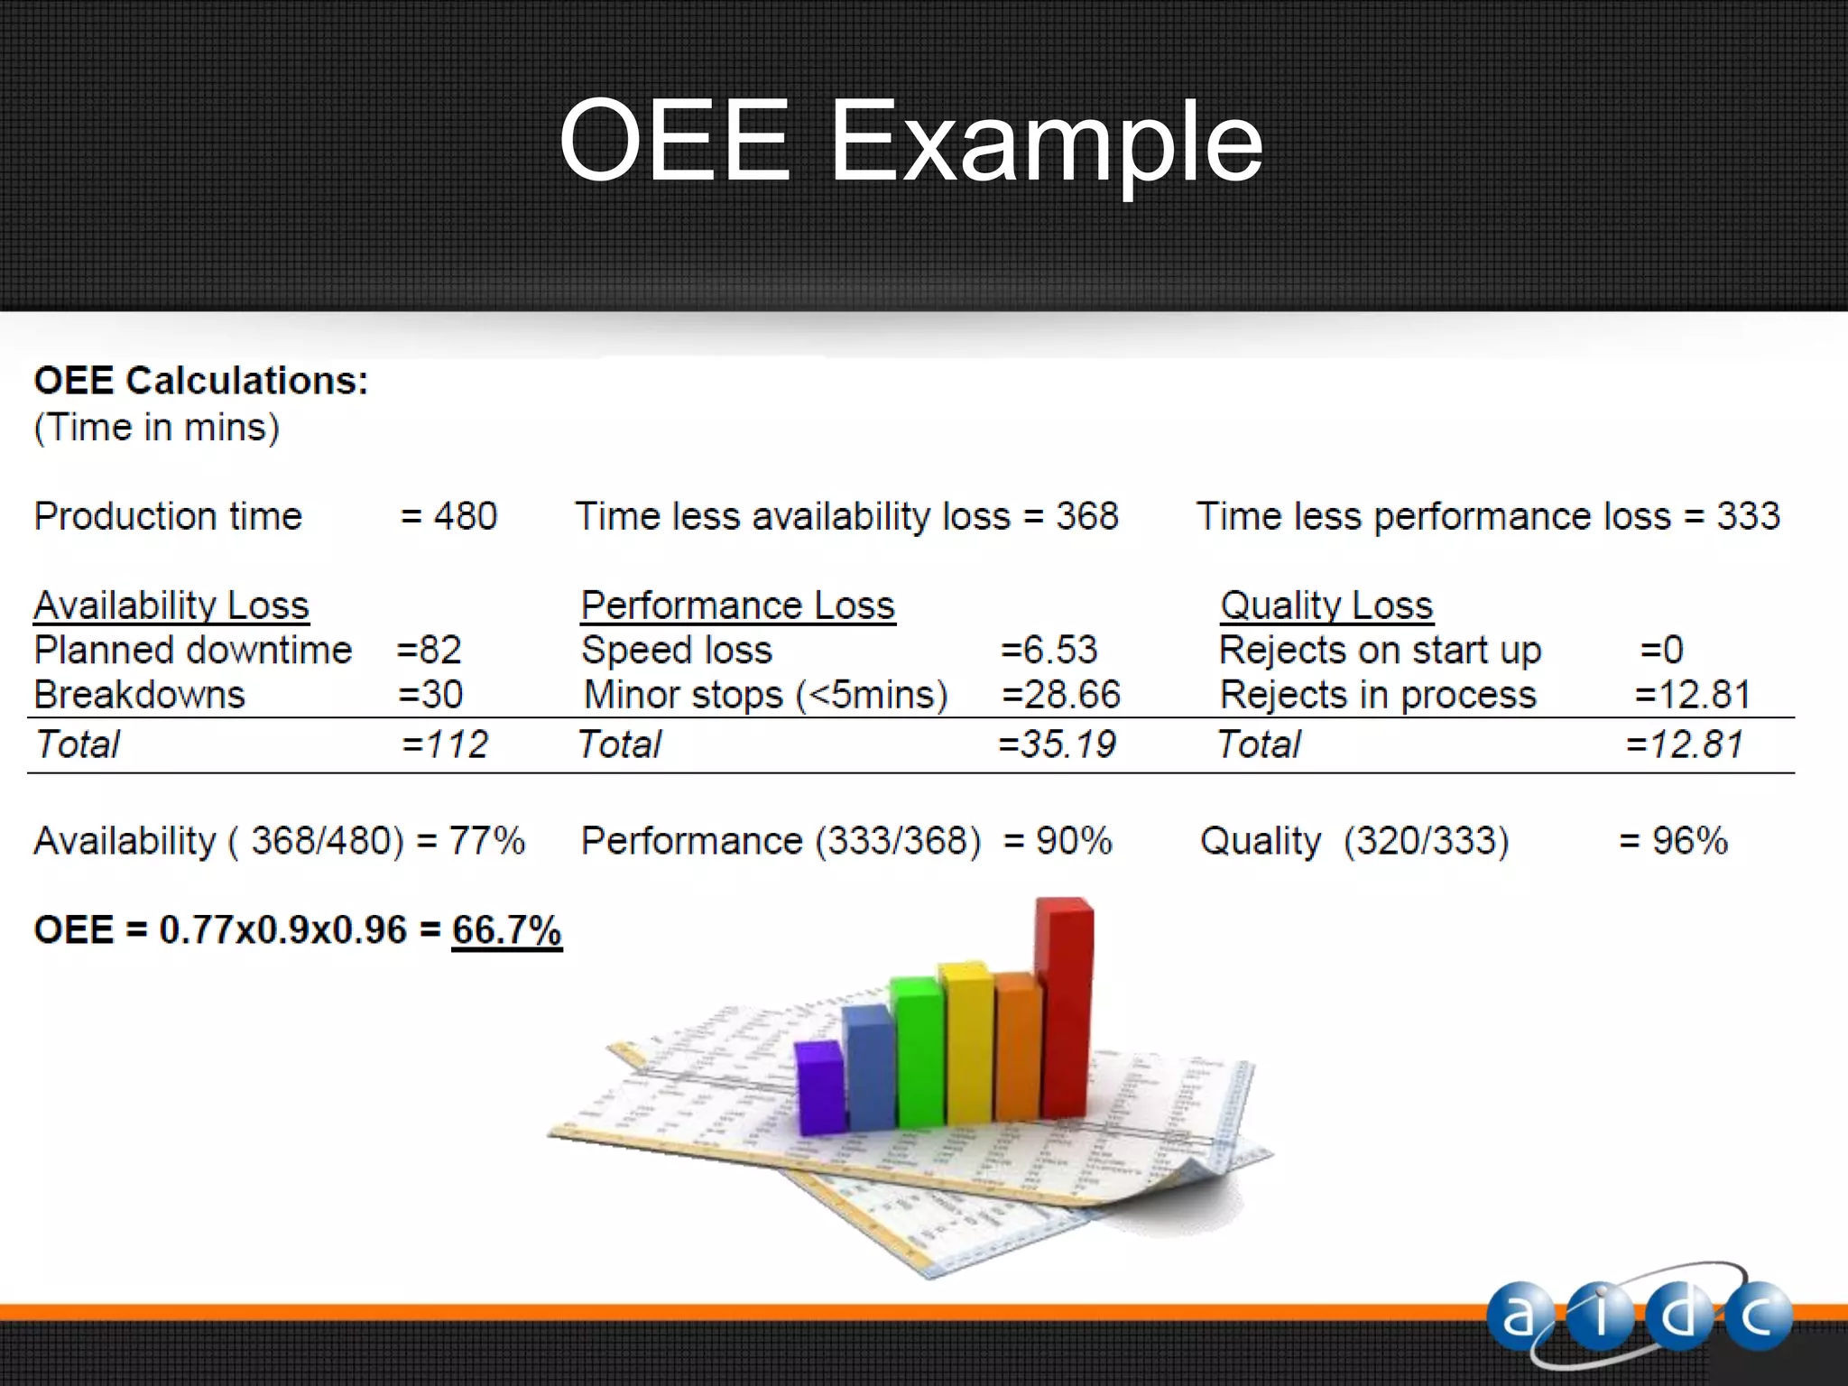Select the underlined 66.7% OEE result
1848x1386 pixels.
[x=506, y=930]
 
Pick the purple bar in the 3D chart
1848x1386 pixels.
[x=821, y=1087]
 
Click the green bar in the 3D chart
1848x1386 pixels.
[x=919, y=1051]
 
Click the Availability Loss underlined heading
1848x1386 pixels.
[x=171, y=605]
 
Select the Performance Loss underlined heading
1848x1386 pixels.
[x=737, y=605]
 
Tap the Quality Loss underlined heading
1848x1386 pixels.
[x=1326, y=605]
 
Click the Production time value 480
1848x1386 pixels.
[x=465, y=517]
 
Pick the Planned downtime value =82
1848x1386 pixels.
[x=430, y=651]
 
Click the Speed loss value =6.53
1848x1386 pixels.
[x=1049, y=651]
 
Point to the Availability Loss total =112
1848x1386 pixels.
[x=444, y=745]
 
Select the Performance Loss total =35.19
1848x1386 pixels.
[x=1057, y=745]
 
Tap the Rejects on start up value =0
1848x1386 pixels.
[x=1661, y=651]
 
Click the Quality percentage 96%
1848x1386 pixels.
[x=1689, y=841]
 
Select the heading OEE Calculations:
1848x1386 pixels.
[x=201, y=381]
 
